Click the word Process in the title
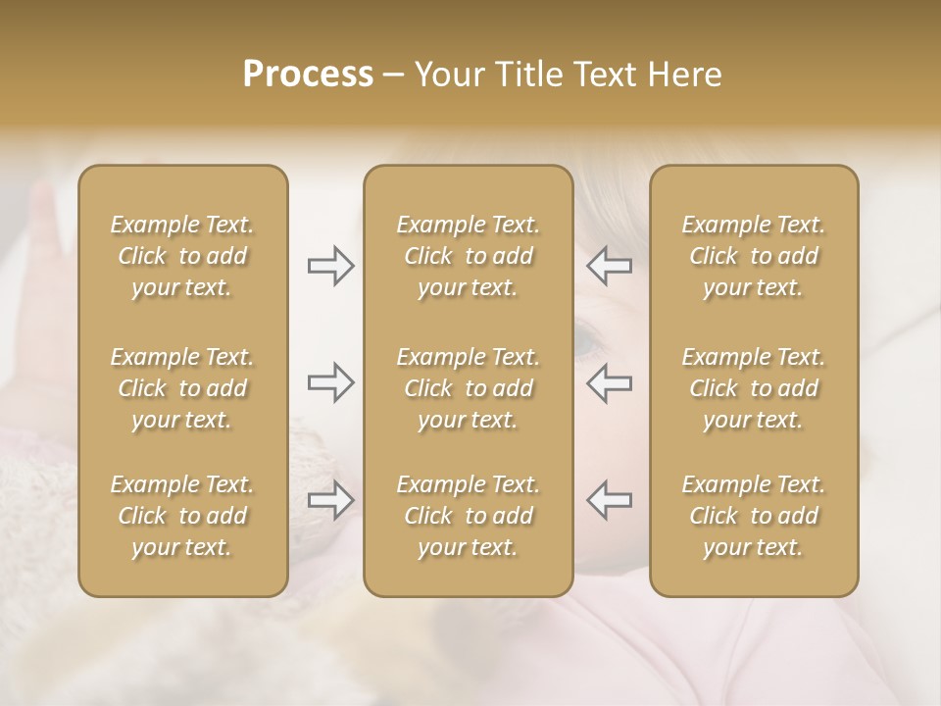pos(308,75)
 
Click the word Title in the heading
pos(523,75)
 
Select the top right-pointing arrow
pos(330,266)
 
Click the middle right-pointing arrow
pos(330,382)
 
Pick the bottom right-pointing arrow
pos(330,500)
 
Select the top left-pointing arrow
pos(609,266)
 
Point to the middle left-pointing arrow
pos(609,382)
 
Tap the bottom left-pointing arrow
pos(609,500)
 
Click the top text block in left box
pos(182,256)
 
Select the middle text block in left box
pos(182,388)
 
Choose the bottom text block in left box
pos(182,516)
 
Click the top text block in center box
pos(468,256)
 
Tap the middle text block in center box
pos(468,388)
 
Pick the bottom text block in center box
pos(468,516)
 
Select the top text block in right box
pos(753,256)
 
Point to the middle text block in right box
pos(753,388)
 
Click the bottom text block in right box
pos(753,516)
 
